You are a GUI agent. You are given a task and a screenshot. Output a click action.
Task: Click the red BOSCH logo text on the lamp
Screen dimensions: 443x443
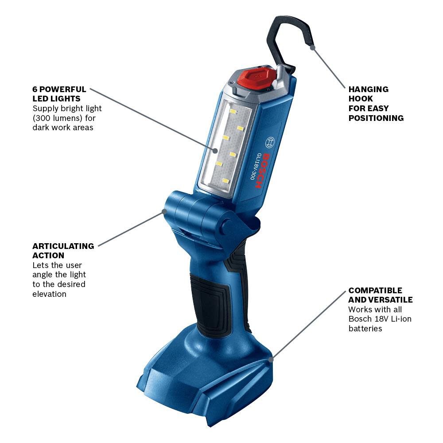click(x=263, y=171)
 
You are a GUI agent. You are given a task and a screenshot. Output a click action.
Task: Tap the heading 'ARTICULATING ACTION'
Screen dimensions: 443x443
click(x=63, y=251)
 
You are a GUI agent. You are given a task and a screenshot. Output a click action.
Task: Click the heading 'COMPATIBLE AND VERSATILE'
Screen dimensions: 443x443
click(x=380, y=295)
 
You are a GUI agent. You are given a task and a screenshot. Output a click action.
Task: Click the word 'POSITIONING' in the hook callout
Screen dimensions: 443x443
click(x=376, y=118)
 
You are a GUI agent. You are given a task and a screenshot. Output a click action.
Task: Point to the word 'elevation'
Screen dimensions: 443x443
click(x=49, y=294)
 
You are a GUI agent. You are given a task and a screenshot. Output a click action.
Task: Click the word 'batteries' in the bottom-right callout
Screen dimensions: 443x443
click(x=365, y=329)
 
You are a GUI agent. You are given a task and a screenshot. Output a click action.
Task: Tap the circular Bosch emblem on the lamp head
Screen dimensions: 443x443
click(x=269, y=143)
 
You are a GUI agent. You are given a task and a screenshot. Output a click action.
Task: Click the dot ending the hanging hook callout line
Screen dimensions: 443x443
click(x=313, y=47)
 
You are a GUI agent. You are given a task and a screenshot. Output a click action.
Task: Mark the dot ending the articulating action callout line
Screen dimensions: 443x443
click(x=164, y=212)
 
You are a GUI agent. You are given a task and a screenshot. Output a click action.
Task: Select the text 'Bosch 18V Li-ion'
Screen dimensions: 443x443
click(x=380, y=319)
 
